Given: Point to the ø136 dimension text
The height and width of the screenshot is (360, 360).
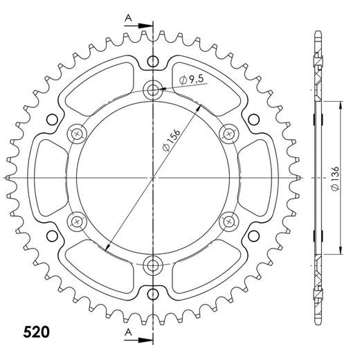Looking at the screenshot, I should [334, 178].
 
